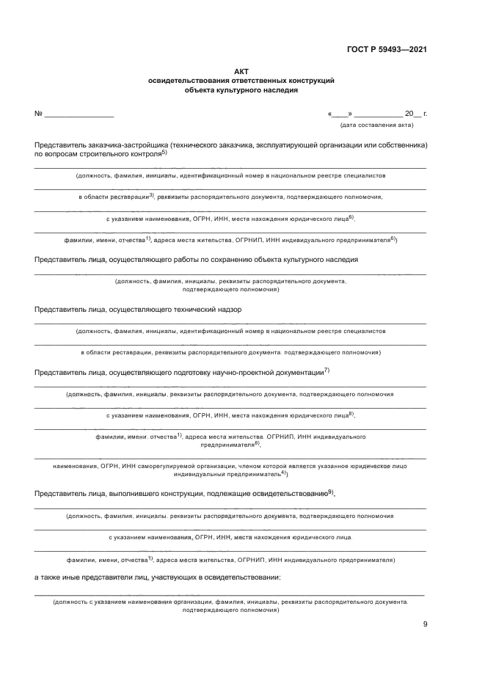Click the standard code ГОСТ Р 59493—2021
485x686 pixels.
click(387, 50)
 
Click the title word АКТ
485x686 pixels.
click(241, 71)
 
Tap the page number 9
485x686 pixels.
click(425, 624)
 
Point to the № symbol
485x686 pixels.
click(38, 114)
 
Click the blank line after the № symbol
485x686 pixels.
click(79, 115)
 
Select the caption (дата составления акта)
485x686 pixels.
click(376, 125)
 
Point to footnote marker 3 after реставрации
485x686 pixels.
click(151, 194)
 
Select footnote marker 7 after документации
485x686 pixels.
click(327, 370)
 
